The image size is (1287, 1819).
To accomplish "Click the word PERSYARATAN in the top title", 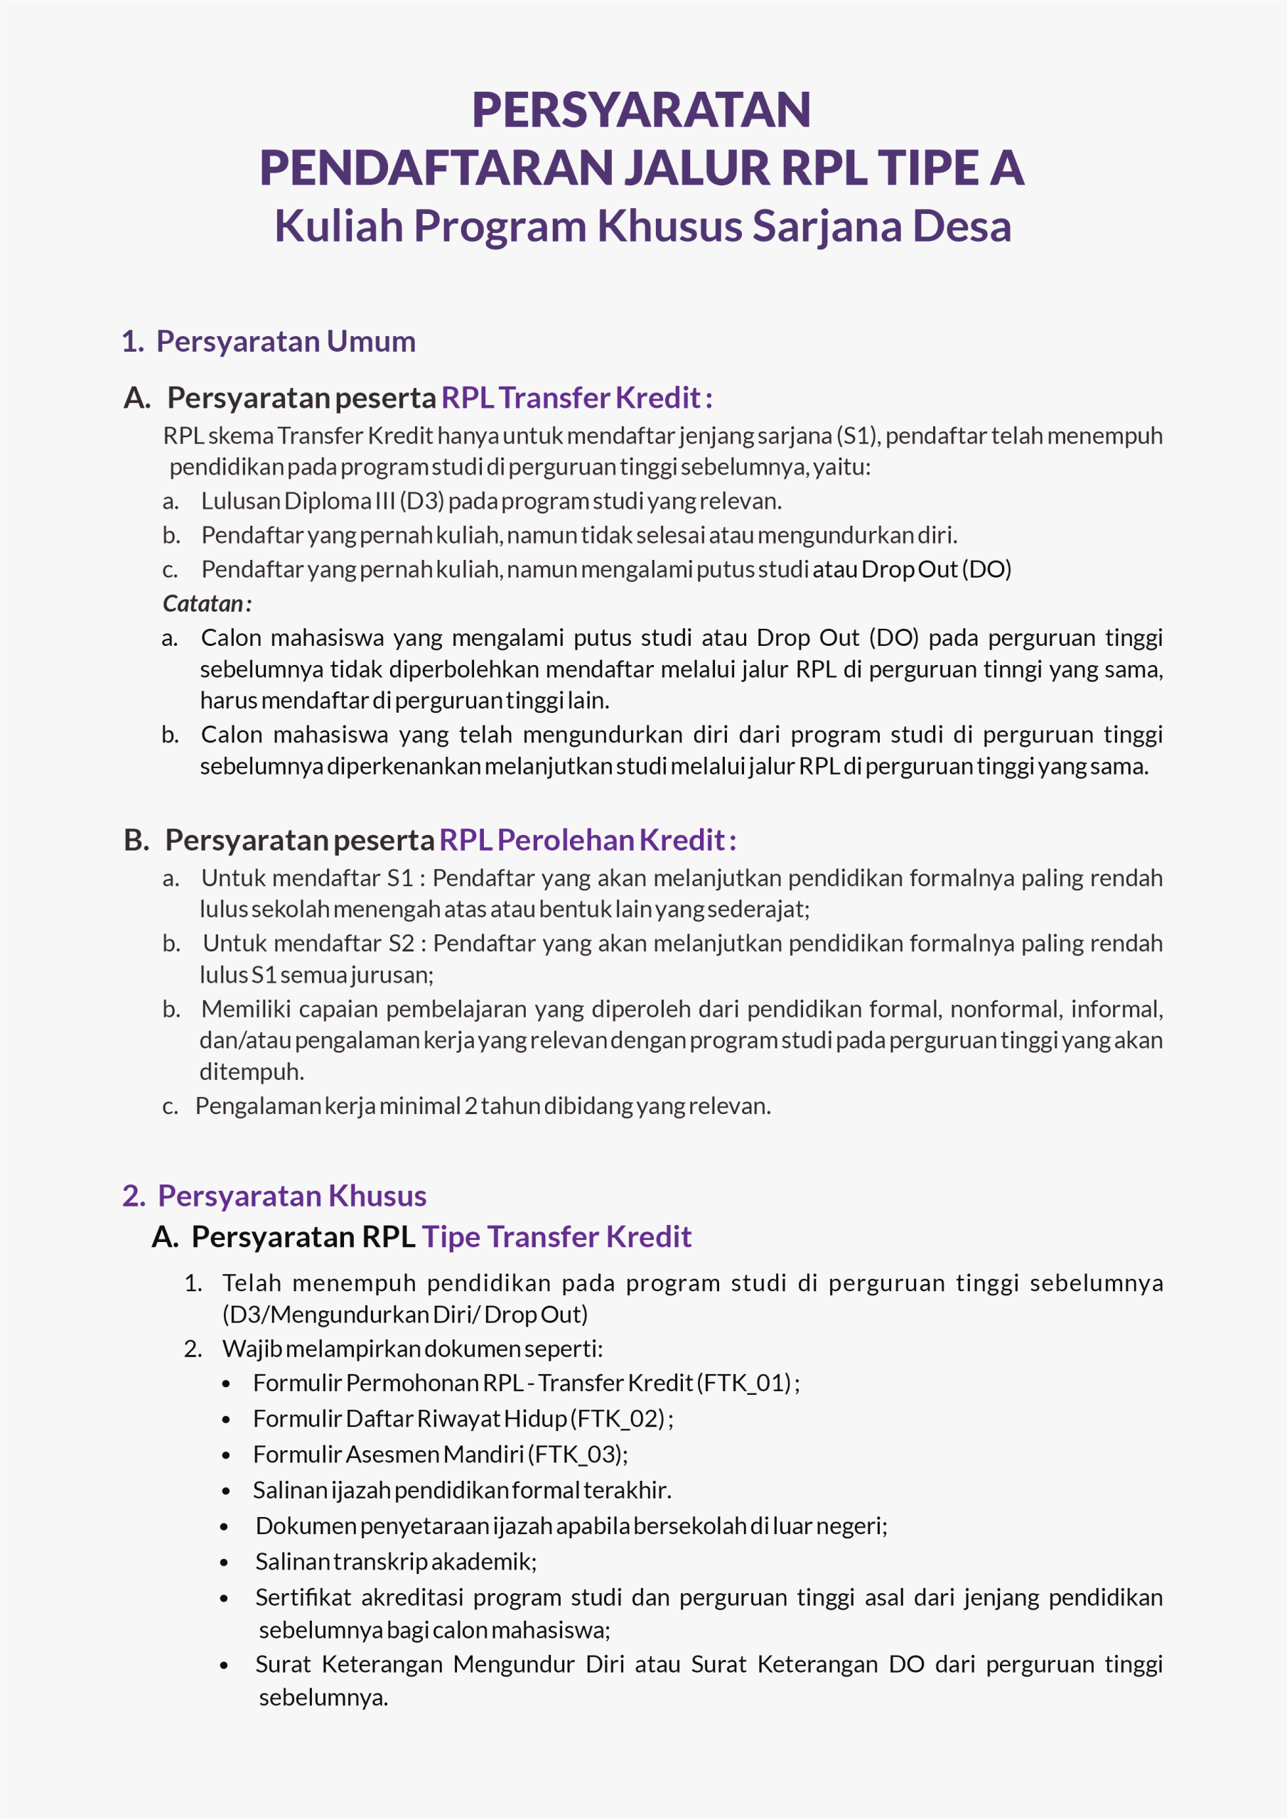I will tap(641, 109).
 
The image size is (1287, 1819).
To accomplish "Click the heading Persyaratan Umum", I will tap(285, 342).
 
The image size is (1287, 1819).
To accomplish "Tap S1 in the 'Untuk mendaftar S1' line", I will tap(400, 878).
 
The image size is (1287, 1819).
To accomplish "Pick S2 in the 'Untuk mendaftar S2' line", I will tap(401, 944).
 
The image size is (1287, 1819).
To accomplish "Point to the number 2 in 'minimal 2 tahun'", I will tap(470, 1106).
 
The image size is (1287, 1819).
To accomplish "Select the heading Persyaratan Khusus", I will tap(291, 1196).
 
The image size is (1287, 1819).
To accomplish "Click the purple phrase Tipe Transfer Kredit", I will tap(556, 1236).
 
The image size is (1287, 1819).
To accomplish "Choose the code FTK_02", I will tap(620, 1419).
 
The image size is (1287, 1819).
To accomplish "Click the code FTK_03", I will tap(576, 1454).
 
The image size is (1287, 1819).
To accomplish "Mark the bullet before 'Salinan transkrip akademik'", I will tap(225, 1563).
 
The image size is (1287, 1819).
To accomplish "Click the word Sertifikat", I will tap(303, 1598).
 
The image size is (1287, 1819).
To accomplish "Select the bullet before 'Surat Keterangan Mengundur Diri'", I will tap(225, 1666).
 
